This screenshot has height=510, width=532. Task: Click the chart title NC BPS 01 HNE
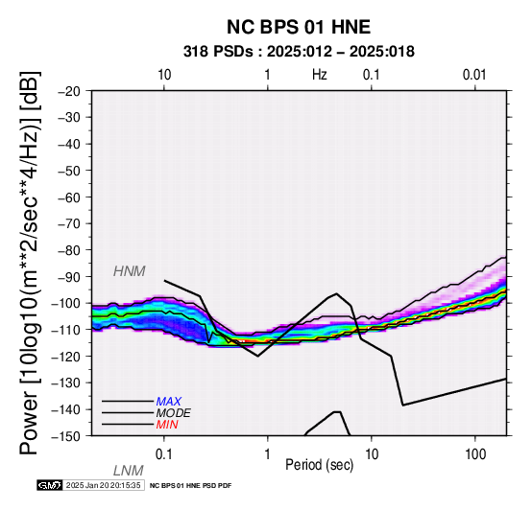(x=299, y=27)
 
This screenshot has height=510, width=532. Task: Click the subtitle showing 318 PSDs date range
(x=299, y=52)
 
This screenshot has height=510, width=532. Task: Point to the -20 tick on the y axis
(x=69, y=91)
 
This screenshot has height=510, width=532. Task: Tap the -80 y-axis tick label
(x=69, y=250)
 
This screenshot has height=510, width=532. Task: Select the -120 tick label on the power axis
(x=66, y=357)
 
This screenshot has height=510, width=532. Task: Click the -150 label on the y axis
(x=66, y=436)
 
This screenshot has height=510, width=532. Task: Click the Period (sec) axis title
(x=320, y=465)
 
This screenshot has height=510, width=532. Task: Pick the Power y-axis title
(x=30, y=263)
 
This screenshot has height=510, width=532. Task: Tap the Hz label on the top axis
(x=320, y=75)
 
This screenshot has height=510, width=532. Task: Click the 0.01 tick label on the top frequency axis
(x=474, y=75)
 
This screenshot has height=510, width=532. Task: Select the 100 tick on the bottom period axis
(x=475, y=454)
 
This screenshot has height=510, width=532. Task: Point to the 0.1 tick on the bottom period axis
(x=164, y=454)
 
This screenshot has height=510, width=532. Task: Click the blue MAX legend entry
(x=169, y=402)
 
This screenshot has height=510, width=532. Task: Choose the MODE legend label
(x=174, y=413)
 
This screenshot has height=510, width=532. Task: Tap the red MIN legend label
(x=167, y=425)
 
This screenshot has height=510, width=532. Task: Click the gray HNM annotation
(x=130, y=271)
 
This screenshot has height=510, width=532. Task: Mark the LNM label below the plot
(x=129, y=471)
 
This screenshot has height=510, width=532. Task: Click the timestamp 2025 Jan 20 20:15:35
(x=103, y=485)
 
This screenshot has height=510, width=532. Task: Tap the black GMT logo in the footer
(x=50, y=485)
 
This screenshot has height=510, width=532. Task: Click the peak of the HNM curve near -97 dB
(x=336, y=293)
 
